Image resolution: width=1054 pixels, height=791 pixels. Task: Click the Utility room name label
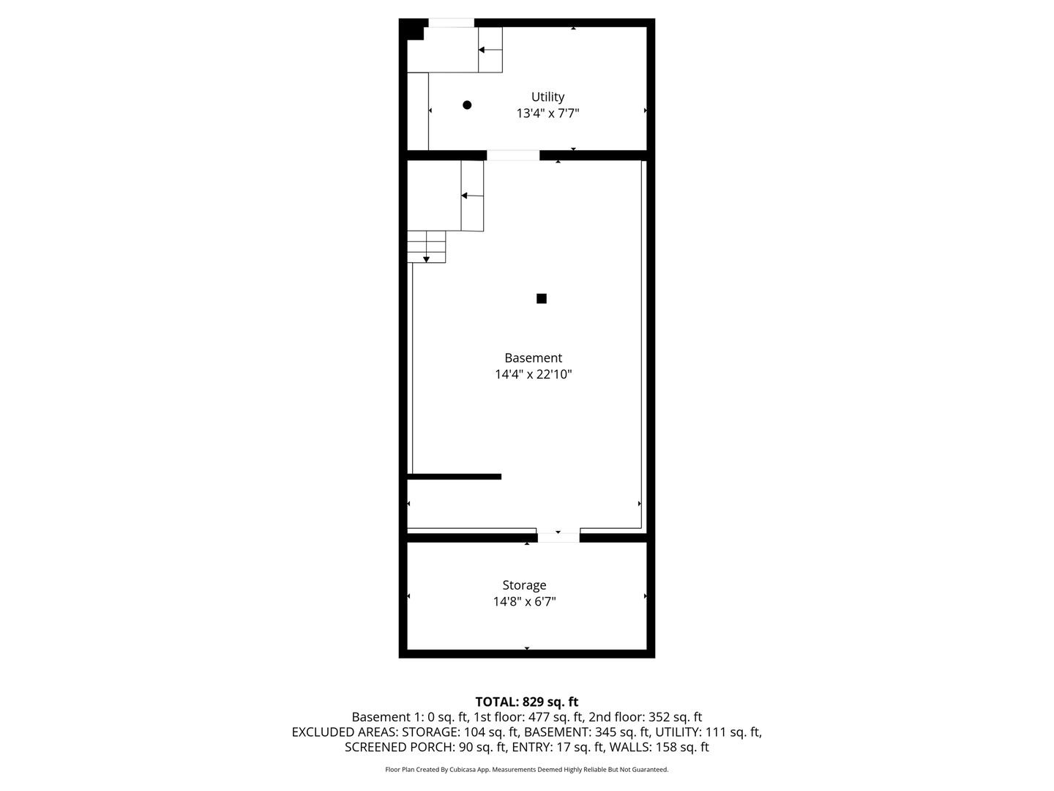[x=547, y=97]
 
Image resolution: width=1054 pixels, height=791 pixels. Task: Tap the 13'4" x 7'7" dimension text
[x=547, y=114]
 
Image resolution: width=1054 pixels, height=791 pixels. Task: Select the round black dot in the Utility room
[x=467, y=105]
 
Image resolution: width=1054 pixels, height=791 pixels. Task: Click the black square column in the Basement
[x=541, y=298]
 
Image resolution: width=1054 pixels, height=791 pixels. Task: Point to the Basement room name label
[x=533, y=358]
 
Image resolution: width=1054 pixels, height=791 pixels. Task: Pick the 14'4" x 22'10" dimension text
[x=533, y=374]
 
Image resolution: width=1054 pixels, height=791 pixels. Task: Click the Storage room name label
[x=524, y=585]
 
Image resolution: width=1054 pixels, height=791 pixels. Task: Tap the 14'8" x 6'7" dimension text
[x=524, y=601]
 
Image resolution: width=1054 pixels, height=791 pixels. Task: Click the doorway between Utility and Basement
[x=513, y=155]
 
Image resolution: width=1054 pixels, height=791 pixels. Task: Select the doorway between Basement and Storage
[x=558, y=538]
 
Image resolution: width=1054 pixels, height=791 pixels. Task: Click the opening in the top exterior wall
[x=451, y=23]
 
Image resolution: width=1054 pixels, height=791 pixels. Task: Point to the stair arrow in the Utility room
[x=490, y=50]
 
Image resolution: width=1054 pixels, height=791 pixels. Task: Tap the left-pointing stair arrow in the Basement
[x=472, y=196]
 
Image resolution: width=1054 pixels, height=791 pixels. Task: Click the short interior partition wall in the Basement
[x=455, y=476]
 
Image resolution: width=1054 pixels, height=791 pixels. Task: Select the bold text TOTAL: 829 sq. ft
[x=527, y=702]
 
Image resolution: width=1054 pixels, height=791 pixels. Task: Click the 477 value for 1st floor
[x=538, y=717]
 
